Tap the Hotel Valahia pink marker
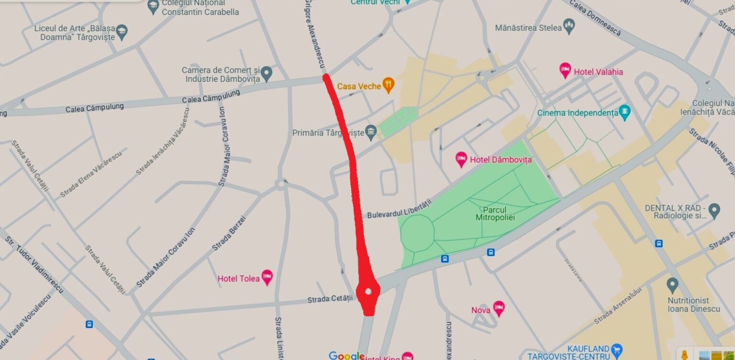point(565,71)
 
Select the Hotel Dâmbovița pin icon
point(461,159)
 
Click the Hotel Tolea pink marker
point(267,277)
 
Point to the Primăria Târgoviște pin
point(371,132)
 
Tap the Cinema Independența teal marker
point(624,112)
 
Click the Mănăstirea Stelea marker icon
point(569,27)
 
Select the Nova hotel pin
point(499,309)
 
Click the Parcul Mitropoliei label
point(495,214)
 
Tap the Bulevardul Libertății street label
point(399,209)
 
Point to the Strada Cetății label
point(330,299)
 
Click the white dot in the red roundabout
point(368,291)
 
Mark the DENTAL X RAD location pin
point(714,210)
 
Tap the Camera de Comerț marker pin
point(267,73)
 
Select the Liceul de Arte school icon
point(122,32)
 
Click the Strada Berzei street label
point(229,233)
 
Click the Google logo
point(346,355)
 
